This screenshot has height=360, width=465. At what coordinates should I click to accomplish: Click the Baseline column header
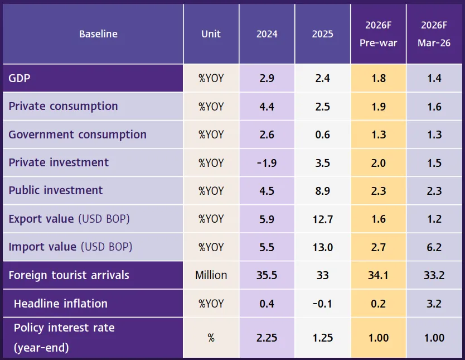tap(98, 34)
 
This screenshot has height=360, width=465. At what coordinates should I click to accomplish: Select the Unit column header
tap(211, 34)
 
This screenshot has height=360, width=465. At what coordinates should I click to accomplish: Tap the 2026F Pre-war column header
tap(379, 34)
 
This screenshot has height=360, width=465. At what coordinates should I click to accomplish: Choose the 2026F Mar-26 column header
tap(434, 34)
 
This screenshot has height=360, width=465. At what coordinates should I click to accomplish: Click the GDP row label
tap(20, 78)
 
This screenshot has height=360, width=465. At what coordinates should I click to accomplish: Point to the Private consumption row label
tap(63, 106)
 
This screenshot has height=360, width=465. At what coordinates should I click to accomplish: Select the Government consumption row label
tap(77, 135)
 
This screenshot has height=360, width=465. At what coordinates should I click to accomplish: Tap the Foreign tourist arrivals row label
tap(69, 275)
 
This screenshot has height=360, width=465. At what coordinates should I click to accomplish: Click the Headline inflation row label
tap(61, 304)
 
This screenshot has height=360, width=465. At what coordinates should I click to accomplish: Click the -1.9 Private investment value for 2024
tap(267, 163)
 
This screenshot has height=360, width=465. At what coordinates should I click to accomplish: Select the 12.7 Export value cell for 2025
tap(322, 219)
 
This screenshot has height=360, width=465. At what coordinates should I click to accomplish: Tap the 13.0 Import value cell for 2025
tap(322, 247)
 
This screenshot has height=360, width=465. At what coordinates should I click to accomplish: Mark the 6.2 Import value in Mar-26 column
tap(434, 247)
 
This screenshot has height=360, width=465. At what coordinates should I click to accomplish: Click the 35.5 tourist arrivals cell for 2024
tap(267, 275)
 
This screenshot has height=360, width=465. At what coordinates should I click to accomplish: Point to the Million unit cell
tap(211, 275)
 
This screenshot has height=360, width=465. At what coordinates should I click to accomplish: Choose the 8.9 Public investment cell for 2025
tap(322, 191)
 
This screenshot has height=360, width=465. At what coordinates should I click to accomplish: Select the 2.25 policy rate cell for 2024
tap(267, 338)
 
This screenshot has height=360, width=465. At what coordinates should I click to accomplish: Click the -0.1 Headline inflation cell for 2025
tap(322, 304)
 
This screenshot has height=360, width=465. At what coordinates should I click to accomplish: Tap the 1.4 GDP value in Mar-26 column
tap(434, 78)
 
